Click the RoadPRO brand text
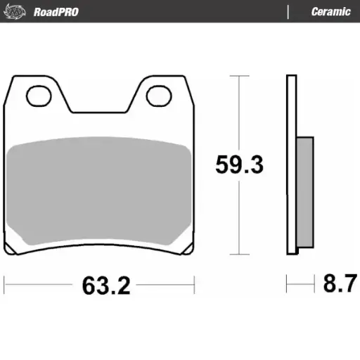tap(56, 11)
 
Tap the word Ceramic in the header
tap(330, 11)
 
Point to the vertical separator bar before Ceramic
tap(288, 11)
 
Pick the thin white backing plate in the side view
tap(290, 162)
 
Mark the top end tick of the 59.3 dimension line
tap(240, 75)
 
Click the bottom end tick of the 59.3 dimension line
tap(240, 255)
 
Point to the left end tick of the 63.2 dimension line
tap(4, 285)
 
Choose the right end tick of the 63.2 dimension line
tap(194, 285)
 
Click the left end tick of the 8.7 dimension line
tap(287, 285)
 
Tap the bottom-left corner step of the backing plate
tap(10, 250)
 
